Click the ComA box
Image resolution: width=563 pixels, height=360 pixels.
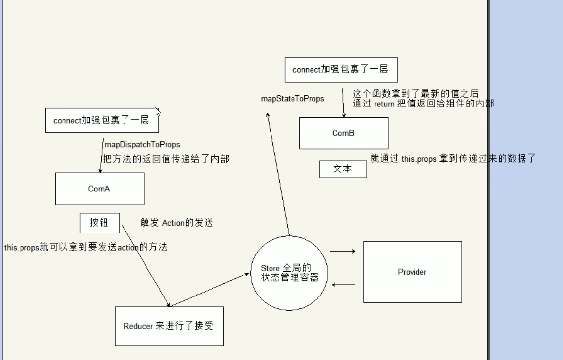(99, 189)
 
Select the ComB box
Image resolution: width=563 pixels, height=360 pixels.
(343, 133)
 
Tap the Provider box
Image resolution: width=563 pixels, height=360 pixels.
(412, 272)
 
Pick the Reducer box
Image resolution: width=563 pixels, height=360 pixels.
(169, 326)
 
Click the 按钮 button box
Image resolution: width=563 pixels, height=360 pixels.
(99, 223)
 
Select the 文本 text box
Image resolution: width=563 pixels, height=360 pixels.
(343, 169)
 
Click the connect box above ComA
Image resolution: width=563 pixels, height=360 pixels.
(102, 120)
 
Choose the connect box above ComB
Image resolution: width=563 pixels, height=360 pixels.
(341, 69)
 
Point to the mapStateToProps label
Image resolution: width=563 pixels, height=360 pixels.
(292, 99)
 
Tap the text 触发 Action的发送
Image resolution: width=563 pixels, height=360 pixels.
(176, 223)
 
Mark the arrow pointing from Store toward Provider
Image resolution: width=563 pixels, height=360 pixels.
(343, 251)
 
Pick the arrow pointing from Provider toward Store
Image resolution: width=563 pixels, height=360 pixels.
(343, 284)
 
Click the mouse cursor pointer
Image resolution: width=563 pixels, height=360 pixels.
(157, 111)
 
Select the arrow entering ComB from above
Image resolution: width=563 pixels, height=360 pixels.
(343, 103)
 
